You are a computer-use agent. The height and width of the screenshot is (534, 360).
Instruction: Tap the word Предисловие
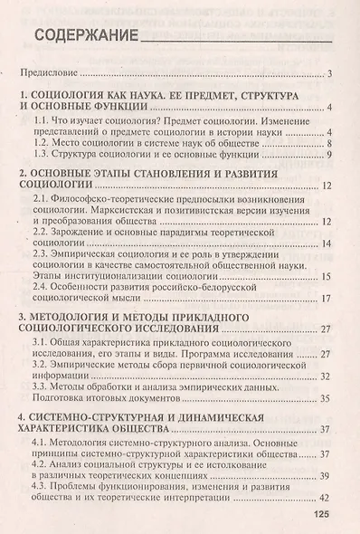coord(50,74)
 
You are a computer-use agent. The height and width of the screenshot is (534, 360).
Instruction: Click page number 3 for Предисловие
coord(333,74)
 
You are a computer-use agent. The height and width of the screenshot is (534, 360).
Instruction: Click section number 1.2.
coord(44,143)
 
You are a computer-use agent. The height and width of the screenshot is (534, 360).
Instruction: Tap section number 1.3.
coord(44,155)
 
